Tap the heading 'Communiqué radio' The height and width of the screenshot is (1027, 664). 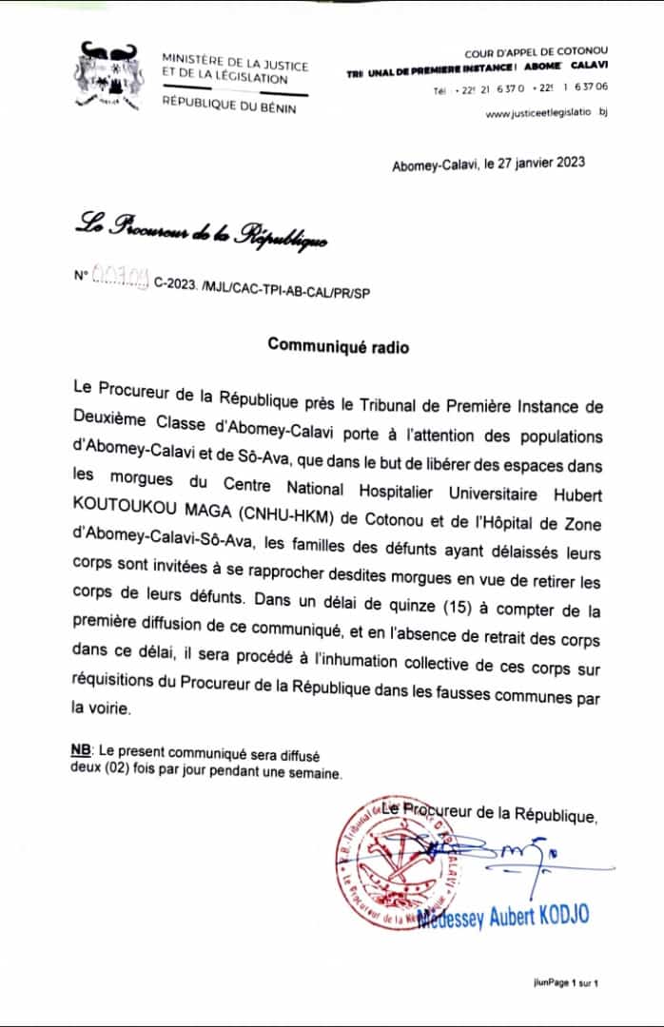coord(338,347)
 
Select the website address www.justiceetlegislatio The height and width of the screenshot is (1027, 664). coord(545,114)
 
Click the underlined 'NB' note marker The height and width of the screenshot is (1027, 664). coord(80,751)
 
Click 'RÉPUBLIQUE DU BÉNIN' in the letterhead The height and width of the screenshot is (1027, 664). coord(229,107)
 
